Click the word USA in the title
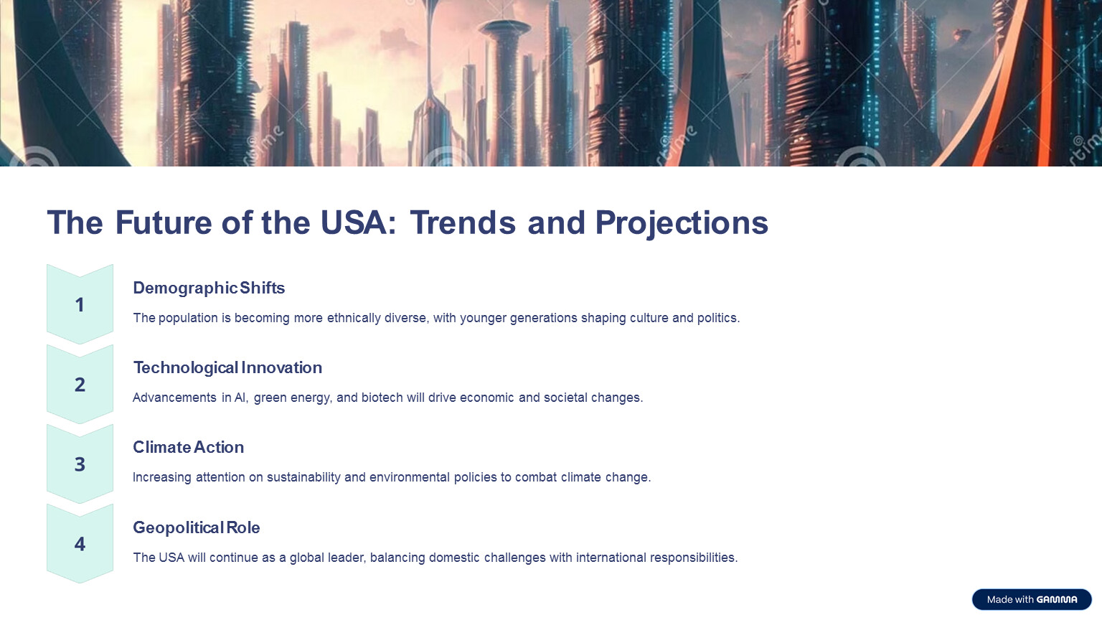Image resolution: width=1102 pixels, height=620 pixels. [x=354, y=222]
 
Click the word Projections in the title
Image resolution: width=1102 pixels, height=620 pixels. [x=682, y=224]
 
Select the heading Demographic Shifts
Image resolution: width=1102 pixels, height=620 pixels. [x=209, y=288]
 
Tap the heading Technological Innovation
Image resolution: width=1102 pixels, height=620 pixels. [x=227, y=367]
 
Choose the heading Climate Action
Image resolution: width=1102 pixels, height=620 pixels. [x=189, y=447]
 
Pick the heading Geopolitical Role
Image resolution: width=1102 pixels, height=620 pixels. [x=197, y=527]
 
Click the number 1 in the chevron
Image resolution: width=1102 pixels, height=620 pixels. [x=79, y=305]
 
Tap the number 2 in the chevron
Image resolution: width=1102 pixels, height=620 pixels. [x=80, y=385]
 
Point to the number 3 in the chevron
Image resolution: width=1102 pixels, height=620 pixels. [x=80, y=464]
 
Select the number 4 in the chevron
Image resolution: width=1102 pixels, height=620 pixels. [x=80, y=544]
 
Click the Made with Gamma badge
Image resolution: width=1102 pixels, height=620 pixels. [x=1032, y=599]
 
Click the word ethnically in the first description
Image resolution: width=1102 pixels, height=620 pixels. [x=353, y=319]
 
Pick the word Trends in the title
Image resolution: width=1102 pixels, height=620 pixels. [x=463, y=222]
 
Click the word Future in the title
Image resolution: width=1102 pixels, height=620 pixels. [x=164, y=222]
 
